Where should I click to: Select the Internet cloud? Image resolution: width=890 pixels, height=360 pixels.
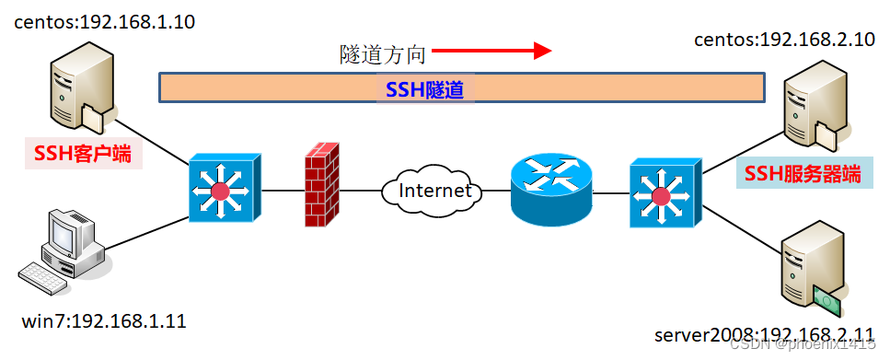coord(430,192)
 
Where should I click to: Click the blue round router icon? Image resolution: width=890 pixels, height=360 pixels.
coord(550,190)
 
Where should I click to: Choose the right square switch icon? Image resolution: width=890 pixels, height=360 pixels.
coord(661,194)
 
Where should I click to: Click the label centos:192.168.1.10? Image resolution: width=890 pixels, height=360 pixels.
coord(104,22)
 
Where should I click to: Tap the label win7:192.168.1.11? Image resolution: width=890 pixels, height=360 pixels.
coord(104,321)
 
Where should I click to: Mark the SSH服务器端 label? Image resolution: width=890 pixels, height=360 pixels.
coord(803,173)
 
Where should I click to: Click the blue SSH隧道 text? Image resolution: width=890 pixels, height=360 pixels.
coord(423,89)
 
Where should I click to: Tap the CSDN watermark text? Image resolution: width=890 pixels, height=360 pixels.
coord(806,344)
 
